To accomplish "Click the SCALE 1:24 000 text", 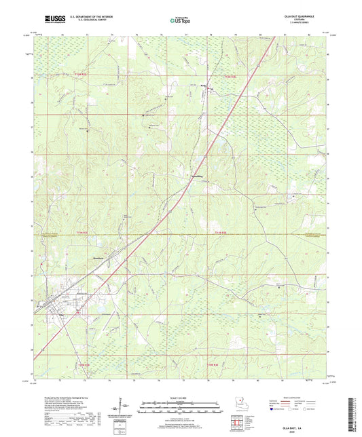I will point(180,398).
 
